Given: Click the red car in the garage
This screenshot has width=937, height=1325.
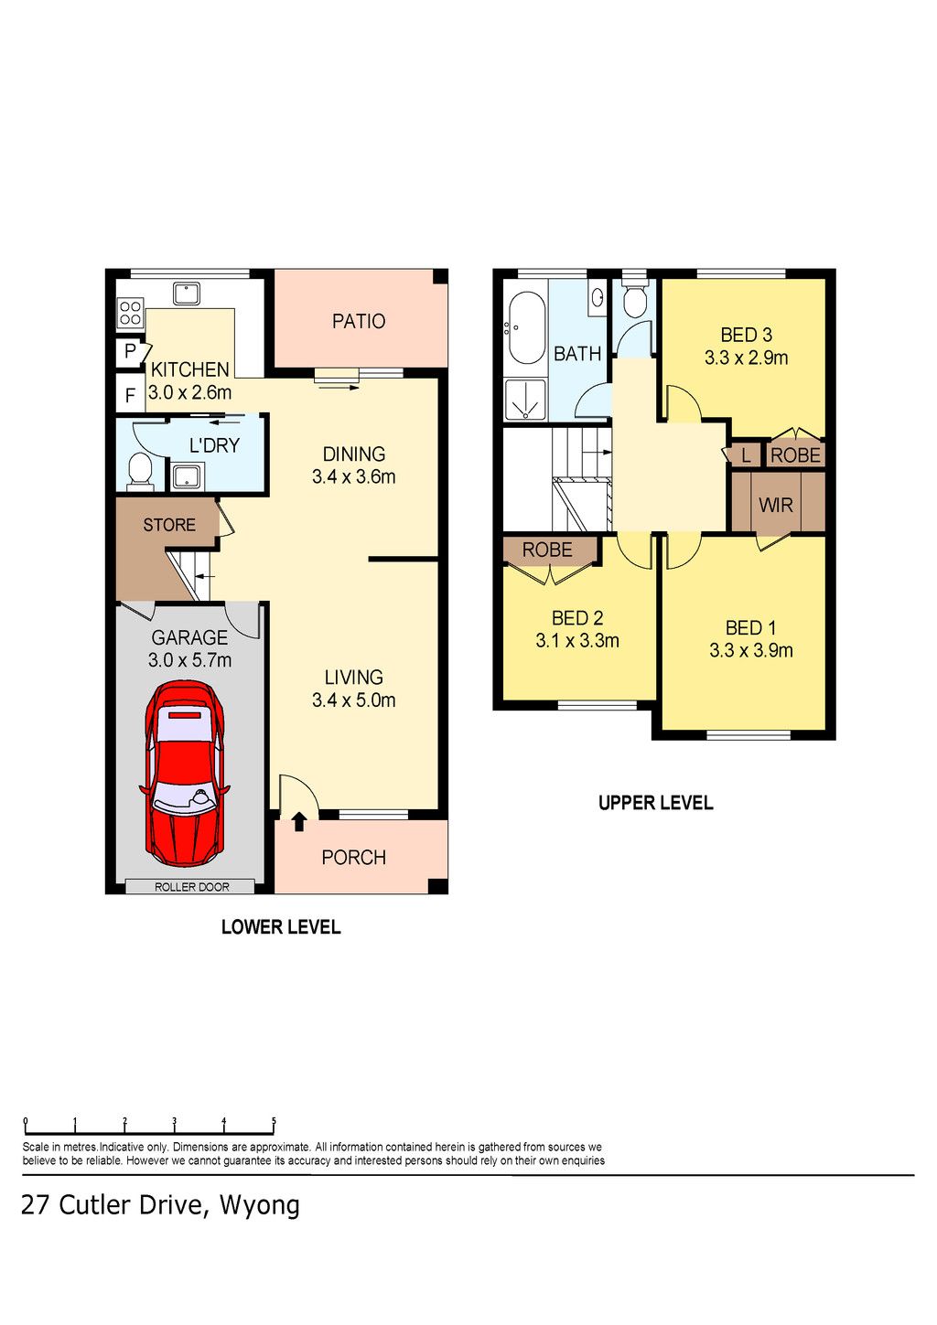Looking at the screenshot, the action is tap(184, 774).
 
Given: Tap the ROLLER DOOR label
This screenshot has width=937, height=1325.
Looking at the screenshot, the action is tap(191, 887).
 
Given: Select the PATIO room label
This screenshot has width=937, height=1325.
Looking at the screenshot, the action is tap(358, 321).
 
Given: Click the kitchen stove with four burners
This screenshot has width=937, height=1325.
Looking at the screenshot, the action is tap(130, 313).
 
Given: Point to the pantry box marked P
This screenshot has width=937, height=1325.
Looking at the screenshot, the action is tap(130, 352).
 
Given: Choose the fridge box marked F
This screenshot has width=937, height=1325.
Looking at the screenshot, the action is tap(130, 394).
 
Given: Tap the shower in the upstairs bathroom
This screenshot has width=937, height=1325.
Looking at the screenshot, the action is tap(525, 401).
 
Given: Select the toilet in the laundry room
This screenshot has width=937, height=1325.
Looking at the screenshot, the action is tap(140, 473).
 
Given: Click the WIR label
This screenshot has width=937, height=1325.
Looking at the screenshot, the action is tap(775, 505).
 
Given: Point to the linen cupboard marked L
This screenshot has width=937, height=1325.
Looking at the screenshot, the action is tap(746, 455).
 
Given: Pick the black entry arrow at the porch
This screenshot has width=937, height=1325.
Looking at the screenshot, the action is tap(299, 821).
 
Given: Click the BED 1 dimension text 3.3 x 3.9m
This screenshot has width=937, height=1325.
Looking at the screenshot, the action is tap(750, 650).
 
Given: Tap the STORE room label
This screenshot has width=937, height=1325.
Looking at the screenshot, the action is tap(168, 525).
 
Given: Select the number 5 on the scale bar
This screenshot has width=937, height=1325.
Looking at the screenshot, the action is tap(274, 1120).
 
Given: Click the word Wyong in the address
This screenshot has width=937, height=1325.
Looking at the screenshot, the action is tap(259, 1204).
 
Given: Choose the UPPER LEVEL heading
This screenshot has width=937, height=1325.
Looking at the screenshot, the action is tap(655, 803).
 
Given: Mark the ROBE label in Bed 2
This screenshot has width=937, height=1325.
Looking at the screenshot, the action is tap(547, 550).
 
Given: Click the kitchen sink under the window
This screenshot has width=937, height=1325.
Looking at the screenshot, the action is tap(187, 294).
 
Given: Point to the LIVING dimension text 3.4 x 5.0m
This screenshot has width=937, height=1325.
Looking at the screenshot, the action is tap(353, 700).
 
